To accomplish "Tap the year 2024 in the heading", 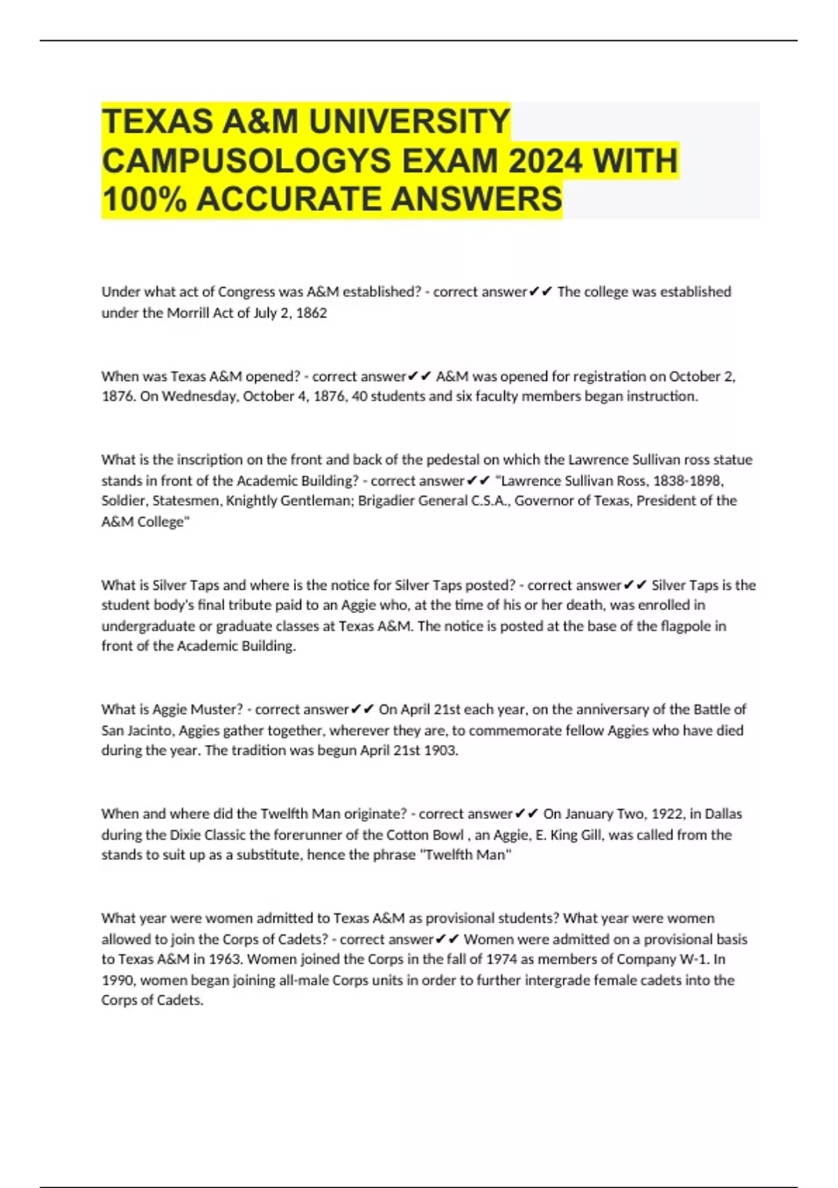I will (x=545, y=161).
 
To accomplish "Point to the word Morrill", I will (x=188, y=313).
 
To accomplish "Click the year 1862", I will (x=311, y=313).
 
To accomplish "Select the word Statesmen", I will (x=184, y=500).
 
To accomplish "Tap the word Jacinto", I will (x=150, y=730).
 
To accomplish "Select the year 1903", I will (x=441, y=751).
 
